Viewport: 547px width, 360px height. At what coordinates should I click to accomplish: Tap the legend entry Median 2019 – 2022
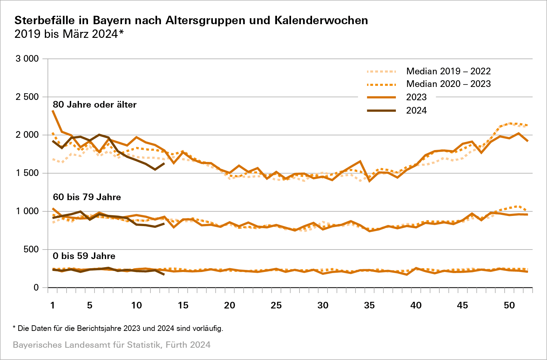click(x=448, y=71)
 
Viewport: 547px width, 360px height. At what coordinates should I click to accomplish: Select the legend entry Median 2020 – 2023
click(x=448, y=84)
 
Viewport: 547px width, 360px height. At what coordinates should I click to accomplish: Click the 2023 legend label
click(x=416, y=97)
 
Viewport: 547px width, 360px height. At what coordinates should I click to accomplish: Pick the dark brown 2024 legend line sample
click(x=381, y=110)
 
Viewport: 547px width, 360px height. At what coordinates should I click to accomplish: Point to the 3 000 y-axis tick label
click(x=27, y=59)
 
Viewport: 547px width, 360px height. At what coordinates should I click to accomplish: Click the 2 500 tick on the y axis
click(x=27, y=97)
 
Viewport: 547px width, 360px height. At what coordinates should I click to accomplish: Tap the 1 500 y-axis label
click(x=27, y=173)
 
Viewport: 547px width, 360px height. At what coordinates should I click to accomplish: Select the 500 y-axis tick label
click(x=31, y=250)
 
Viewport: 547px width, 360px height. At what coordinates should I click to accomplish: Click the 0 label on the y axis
click(x=36, y=288)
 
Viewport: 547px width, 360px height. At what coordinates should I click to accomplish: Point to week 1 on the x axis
click(x=53, y=305)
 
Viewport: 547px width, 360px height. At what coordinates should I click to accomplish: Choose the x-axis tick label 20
click(x=229, y=305)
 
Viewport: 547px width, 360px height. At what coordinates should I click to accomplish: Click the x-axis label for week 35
click(x=369, y=305)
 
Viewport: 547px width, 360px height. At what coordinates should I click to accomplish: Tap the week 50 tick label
click(x=509, y=305)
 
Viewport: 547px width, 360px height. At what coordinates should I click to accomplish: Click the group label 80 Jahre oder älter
click(x=95, y=104)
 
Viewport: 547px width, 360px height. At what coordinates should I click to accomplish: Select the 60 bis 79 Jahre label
click(x=87, y=197)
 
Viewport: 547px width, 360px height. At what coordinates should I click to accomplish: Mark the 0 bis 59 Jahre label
click(x=84, y=256)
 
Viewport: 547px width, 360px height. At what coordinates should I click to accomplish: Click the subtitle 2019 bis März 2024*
click(x=69, y=34)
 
